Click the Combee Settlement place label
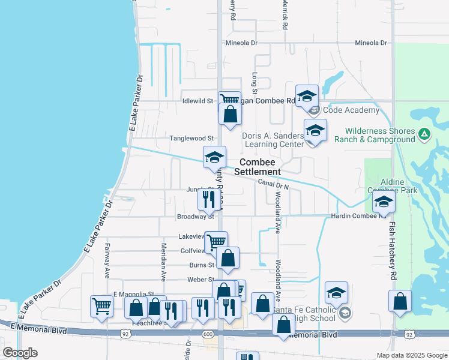coord(258,167)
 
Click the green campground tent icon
coord(424,133)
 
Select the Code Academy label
coord(351,110)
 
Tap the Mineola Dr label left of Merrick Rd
coord(241,43)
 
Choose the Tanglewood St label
coord(191,138)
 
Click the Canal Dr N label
coord(274,184)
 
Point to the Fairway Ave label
coord(107,260)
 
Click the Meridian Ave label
coord(163,261)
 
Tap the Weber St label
coord(200,280)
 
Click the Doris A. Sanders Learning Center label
coord(273,140)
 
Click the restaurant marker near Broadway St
coord(208,199)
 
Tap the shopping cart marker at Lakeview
coord(217,242)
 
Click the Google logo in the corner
coord(20,353)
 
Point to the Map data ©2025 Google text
coord(412,355)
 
